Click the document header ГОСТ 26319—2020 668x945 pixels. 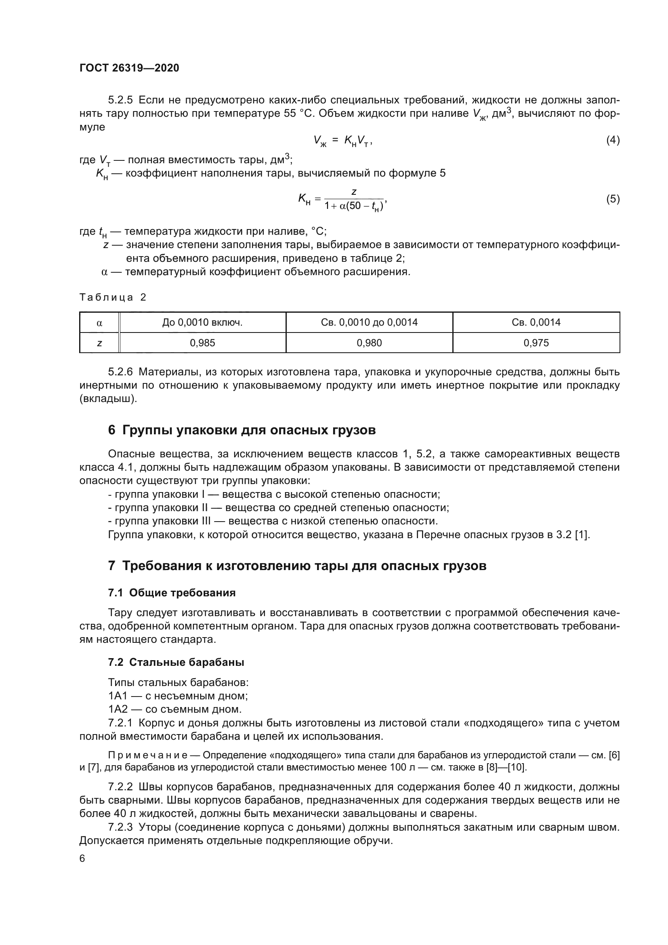129,68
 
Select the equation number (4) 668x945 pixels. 613,140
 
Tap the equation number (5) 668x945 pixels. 613,199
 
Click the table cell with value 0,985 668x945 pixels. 202,343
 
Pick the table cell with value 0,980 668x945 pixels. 369,343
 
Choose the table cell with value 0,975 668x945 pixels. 536,343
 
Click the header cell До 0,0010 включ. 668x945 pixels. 202,322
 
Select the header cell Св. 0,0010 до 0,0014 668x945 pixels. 369,322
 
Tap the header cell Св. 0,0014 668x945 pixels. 536,322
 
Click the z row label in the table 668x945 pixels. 99,343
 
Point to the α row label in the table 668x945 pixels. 99,323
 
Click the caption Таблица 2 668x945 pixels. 113,297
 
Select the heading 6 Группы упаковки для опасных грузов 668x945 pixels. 242,430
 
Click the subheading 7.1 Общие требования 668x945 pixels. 172,593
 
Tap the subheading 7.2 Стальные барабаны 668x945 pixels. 176,662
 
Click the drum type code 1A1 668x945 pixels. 118,696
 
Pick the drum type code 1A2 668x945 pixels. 118,709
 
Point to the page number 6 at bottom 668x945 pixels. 82,859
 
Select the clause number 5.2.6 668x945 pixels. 120,372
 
